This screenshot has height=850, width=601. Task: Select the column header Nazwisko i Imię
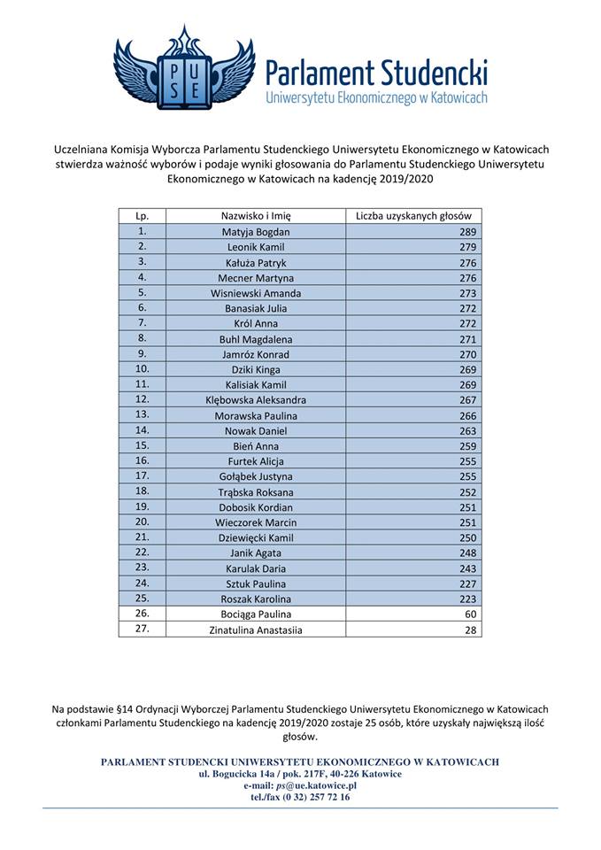256,215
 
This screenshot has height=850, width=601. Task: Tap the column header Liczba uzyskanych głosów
413,215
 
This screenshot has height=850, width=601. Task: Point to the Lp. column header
142,215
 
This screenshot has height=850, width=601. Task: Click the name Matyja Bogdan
256,232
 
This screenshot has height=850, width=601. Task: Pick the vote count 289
467,232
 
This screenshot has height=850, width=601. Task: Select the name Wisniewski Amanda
256,293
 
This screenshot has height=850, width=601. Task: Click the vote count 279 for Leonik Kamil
467,247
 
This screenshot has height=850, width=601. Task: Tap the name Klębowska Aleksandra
256,400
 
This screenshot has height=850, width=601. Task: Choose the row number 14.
142,430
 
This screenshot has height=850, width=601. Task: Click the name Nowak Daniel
256,431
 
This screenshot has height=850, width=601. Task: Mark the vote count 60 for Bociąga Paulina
470,614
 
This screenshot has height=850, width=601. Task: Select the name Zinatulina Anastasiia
256,630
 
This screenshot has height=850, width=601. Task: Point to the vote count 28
470,630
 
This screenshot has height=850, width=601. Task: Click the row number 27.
142,629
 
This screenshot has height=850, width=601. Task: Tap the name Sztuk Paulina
256,583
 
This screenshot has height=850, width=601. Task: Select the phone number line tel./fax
300,796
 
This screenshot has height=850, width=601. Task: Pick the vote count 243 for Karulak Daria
467,568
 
